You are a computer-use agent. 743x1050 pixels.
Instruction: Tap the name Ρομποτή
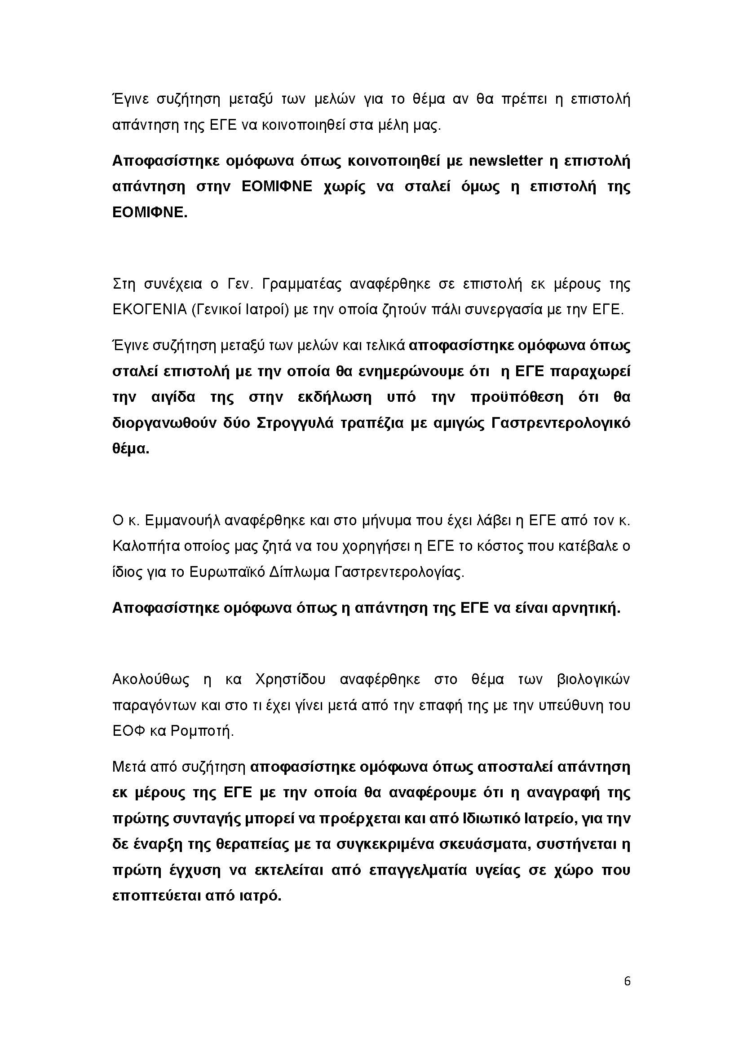(x=202, y=731)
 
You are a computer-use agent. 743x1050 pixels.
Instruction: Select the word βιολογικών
(x=593, y=680)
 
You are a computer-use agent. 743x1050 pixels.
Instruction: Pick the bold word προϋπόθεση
(x=517, y=397)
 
